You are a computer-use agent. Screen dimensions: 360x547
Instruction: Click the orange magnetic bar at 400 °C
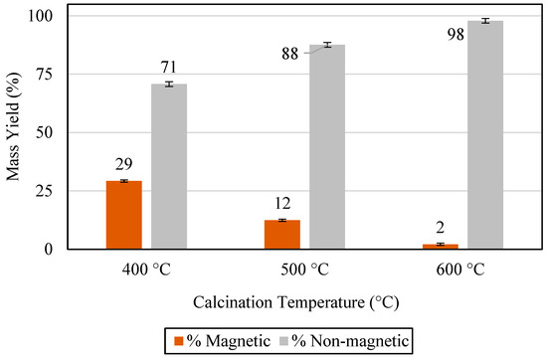(124, 215)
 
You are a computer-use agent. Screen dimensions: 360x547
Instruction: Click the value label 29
(123, 164)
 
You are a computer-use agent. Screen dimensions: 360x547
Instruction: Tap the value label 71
(168, 67)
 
